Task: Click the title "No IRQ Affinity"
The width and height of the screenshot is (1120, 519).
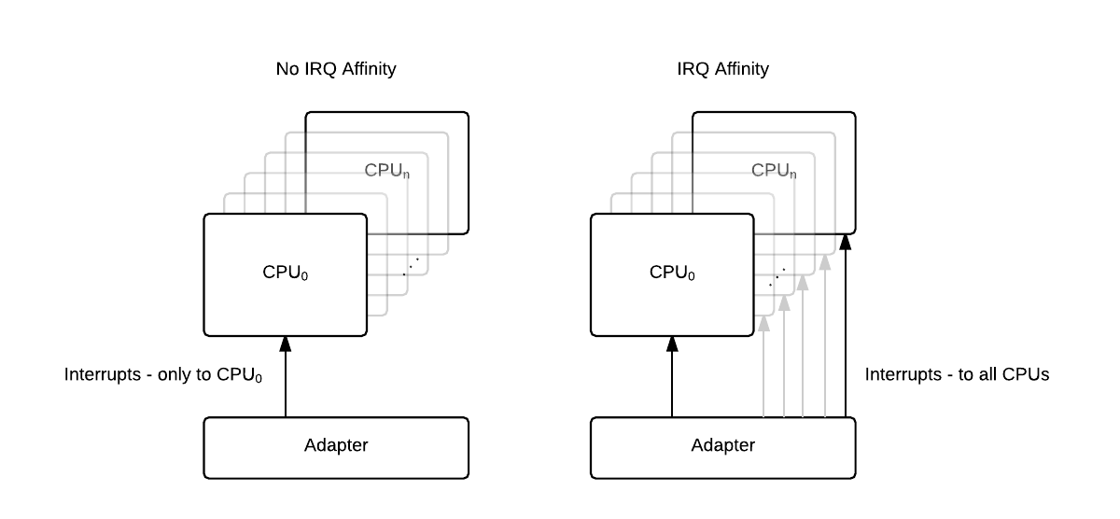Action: coord(336,69)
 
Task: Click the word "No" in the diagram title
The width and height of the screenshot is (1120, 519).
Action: coord(286,69)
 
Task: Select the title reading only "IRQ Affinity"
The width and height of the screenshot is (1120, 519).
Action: coord(722,69)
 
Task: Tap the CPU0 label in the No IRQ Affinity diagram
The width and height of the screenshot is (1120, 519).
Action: coord(285,274)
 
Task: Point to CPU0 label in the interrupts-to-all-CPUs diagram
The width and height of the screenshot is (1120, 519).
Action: coord(672,274)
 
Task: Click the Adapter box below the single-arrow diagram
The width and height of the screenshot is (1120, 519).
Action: coord(336,445)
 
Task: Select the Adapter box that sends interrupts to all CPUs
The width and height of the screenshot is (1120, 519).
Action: coord(722,445)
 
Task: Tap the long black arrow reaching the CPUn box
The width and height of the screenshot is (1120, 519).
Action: coord(846,327)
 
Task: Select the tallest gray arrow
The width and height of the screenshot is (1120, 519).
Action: coord(825,336)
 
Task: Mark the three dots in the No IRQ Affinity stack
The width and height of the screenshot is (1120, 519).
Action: coord(411,266)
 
